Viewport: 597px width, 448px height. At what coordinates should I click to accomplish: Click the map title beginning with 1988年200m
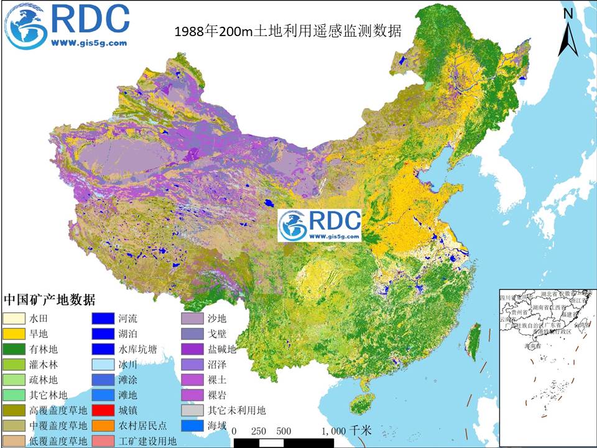288,30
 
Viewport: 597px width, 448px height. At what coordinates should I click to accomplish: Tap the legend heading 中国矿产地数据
50,300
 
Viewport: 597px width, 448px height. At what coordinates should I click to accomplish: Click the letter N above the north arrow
567,13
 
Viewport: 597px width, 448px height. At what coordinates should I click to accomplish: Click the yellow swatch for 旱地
15,333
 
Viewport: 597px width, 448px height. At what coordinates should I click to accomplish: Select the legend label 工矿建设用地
147,441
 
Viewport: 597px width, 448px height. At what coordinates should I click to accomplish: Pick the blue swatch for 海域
193,426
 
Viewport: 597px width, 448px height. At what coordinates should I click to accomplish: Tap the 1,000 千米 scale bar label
346,431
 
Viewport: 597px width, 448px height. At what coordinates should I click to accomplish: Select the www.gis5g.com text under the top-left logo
88,44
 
